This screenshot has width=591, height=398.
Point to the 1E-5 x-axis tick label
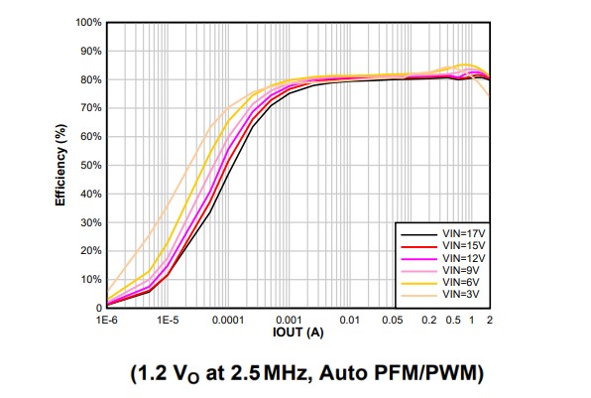(168, 321)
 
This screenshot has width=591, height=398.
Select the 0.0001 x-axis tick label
(227, 321)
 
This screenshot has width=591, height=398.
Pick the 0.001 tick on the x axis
(289, 321)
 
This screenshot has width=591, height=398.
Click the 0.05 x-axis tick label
(393, 321)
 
